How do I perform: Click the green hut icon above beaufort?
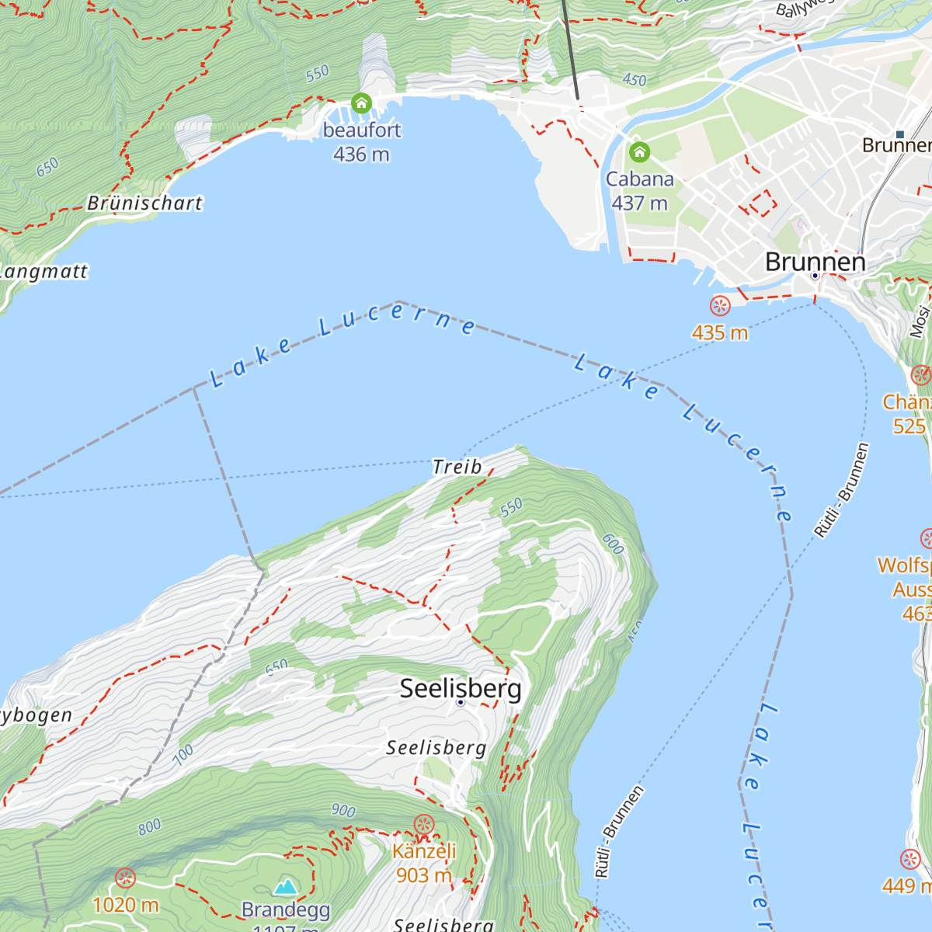coord(361,103)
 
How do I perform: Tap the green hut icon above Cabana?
coord(639,151)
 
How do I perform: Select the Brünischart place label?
coord(144,203)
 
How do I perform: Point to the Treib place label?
coord(457,467)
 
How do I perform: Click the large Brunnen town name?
coord(815,262)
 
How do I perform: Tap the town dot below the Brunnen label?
coord(815,276)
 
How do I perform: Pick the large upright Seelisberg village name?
coord(461,688)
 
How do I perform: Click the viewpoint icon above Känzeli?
coord(424,824)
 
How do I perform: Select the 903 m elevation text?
coord(424,875)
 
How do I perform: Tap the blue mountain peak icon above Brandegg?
coord(286,886)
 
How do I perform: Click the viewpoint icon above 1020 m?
coord(125,878)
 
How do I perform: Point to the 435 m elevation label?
coord(720,333)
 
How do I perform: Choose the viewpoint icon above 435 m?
coord(720,306)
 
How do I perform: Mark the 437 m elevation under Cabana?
coord(639,203)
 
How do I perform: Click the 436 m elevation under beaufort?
coord(361,155)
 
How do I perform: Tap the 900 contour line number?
coord(343,811)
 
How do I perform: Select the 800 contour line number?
coord(150,826)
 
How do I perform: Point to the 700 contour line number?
coord(183,755)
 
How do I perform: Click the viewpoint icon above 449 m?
coord(910,859)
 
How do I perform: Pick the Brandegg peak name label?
coord(286,909)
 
